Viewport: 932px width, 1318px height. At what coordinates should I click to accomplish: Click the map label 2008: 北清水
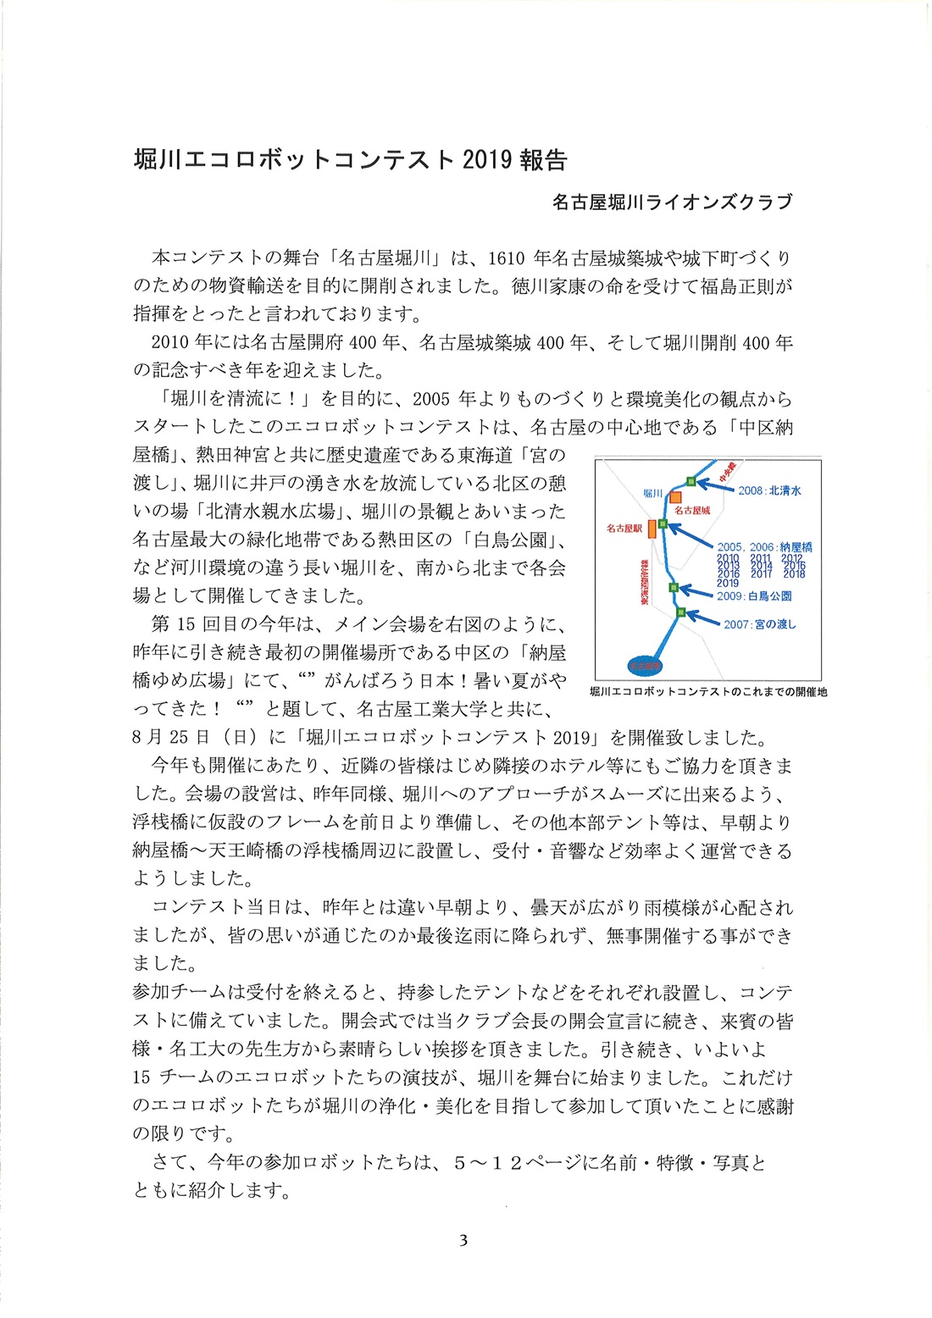pos(769,490)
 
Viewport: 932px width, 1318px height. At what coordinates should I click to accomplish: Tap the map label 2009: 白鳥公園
pos(754,596)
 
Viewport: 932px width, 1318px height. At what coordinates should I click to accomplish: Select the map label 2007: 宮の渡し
pos(759,624)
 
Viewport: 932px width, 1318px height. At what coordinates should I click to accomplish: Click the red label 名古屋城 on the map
pos(692,511)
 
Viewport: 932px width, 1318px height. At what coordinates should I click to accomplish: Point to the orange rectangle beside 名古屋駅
pos(652,529)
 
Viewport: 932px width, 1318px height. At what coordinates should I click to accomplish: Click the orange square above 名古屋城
pos(675,497)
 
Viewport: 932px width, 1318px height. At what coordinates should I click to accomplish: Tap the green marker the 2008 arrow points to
pos(691,481)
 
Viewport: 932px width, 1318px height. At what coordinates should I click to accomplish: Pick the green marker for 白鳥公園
pos(674,587)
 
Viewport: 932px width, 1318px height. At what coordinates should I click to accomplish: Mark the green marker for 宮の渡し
pos(680,612)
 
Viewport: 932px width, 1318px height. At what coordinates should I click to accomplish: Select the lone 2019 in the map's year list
pos(728,583)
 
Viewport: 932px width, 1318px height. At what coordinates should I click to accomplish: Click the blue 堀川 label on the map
pos(652,493)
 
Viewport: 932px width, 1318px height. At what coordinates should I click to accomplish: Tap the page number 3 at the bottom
pos(463,1241)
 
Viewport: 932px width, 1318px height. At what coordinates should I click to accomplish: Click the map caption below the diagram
pos(707,692)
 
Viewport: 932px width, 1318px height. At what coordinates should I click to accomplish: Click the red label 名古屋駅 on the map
pos(624,529)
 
